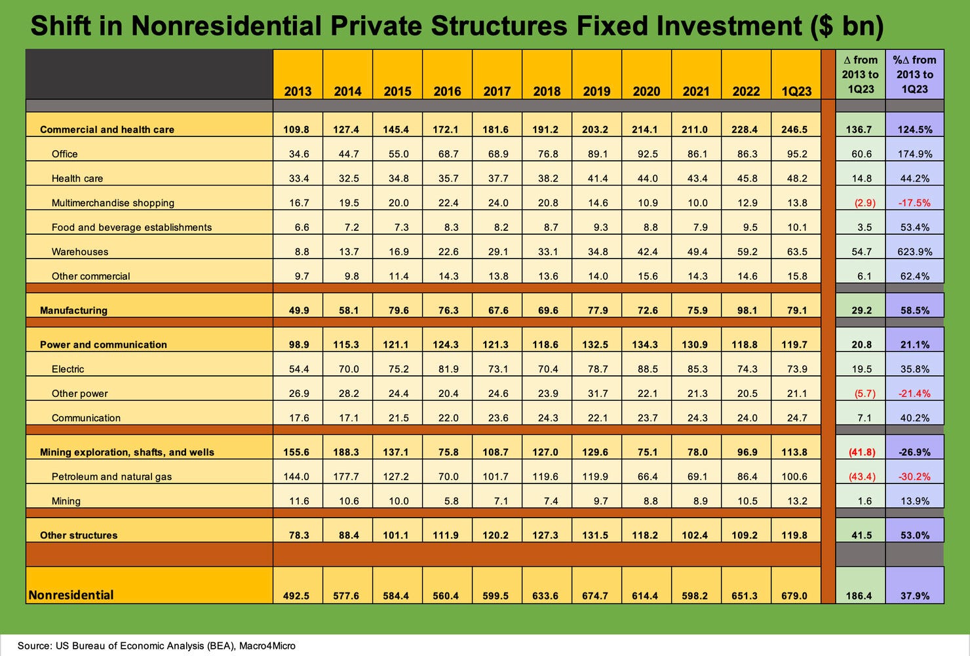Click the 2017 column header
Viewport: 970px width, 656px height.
click(x=497, y=91)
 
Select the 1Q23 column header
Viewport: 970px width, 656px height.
click(x=796, y=91)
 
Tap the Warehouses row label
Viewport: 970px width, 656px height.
click(x=80, y=252)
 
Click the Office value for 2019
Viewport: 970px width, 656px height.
click(x=598, y=154)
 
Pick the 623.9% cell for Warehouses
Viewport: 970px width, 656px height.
click(x=915, y=252)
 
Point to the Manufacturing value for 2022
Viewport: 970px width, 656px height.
click(x=747, y=310)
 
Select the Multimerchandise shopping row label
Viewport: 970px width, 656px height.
click(x=113, y=203)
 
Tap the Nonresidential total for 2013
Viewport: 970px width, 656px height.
click(x=299, y=596)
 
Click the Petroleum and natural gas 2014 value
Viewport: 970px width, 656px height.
click(x=348, y=477)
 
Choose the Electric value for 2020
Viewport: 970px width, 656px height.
click(x=648, y=369)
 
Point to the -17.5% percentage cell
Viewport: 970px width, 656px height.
click(x=915, y=203)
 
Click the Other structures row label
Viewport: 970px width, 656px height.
click(x=79, y=535)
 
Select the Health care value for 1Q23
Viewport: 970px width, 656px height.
click(x=797, y=178)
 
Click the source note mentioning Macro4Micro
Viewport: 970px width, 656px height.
click(x=156, y=646)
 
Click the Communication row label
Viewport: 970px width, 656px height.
click(x=86, y=418)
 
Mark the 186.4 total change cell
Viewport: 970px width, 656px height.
click(x=860, y=596)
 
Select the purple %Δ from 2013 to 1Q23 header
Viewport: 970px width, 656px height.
click(x=915, y=74)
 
